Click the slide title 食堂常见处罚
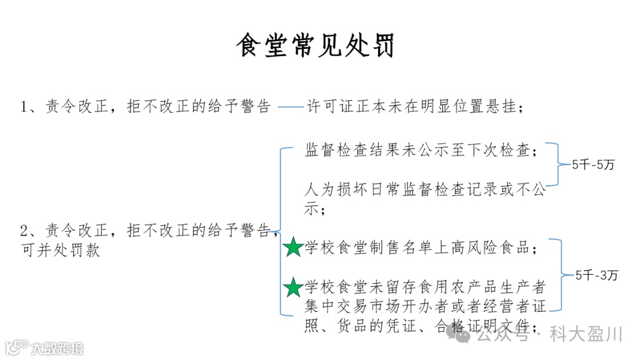(315, 46)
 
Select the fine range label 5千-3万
(597, 275)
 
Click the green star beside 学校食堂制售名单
(293, 247)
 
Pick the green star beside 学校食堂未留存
(293, 287)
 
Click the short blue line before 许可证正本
(290, 107)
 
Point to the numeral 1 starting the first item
(24, 107)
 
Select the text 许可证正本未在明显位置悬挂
(415, 107)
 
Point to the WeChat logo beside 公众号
(463, 335)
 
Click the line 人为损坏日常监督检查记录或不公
(425, 190)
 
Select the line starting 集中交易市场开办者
(425, 307)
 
